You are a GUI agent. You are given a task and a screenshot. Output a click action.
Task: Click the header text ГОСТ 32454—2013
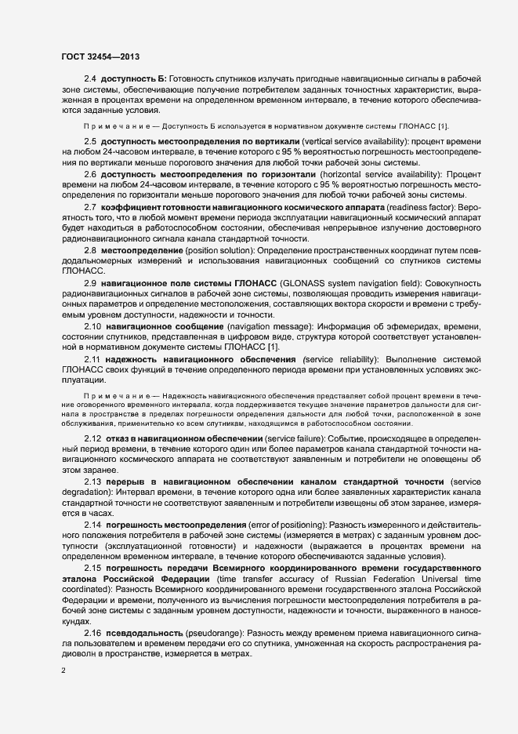[x=101, y=56]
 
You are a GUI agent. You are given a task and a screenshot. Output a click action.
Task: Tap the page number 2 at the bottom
[x=63, y=671]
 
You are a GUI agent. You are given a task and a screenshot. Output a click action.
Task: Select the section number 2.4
[x=90, y=79]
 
